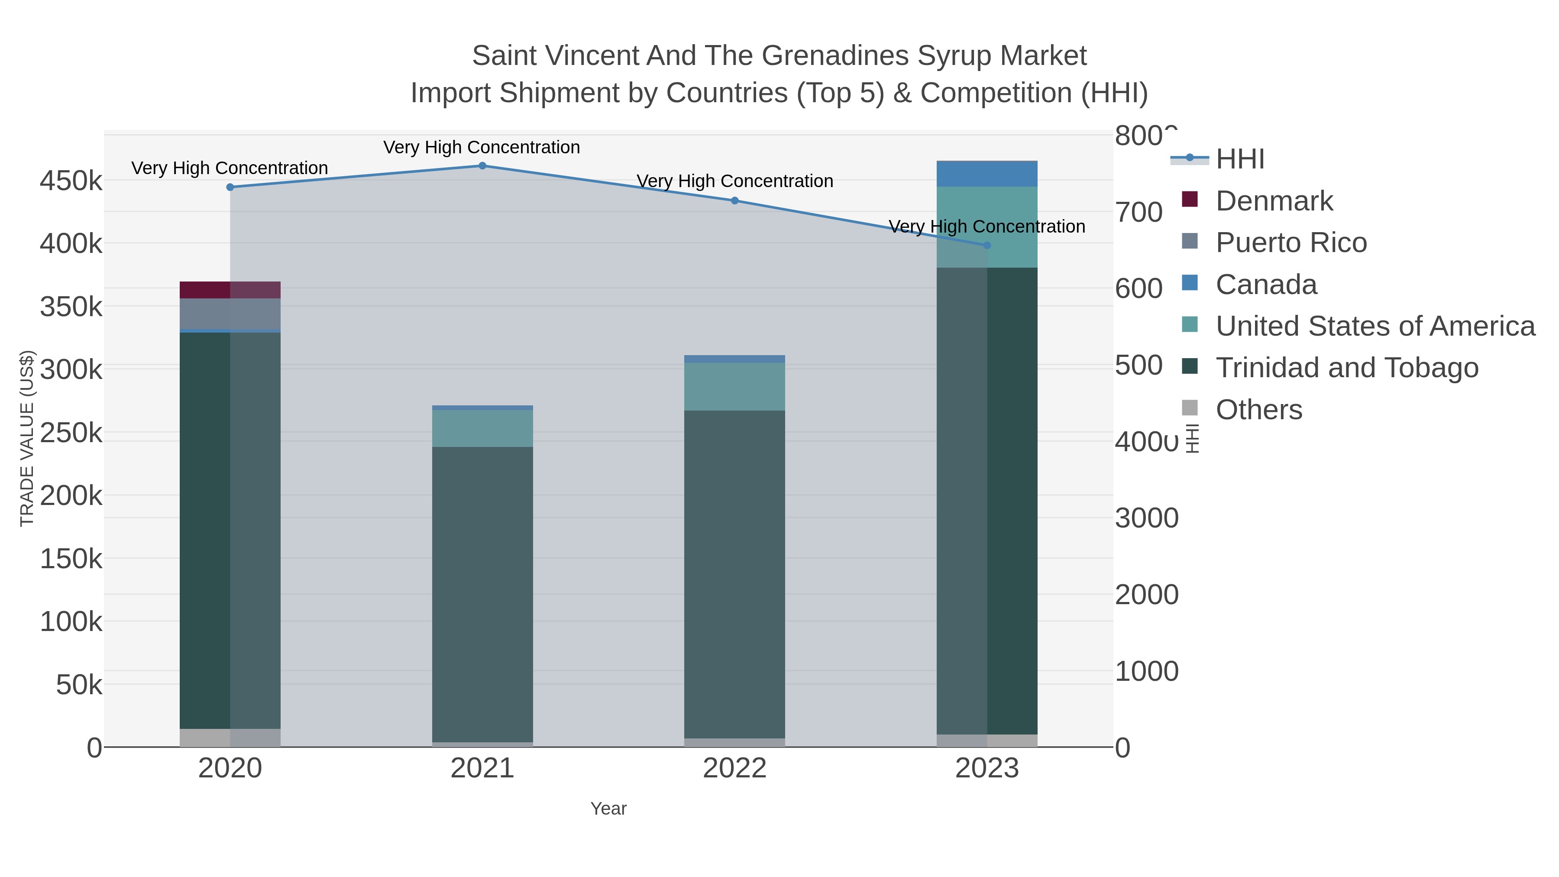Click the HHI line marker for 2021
coord(482,166)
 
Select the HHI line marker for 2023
coord(987,245)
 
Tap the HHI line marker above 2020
coord(230,187)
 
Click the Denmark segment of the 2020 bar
coord(230,290)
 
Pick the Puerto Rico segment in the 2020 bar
coord(230,314)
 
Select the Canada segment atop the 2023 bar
coord(987,174)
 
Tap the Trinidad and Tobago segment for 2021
coord(482,593)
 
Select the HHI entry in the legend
coord(1239,159)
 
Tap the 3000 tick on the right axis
coord(1146,518)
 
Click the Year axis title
coord(608,809)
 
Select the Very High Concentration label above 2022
coord(735,181)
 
